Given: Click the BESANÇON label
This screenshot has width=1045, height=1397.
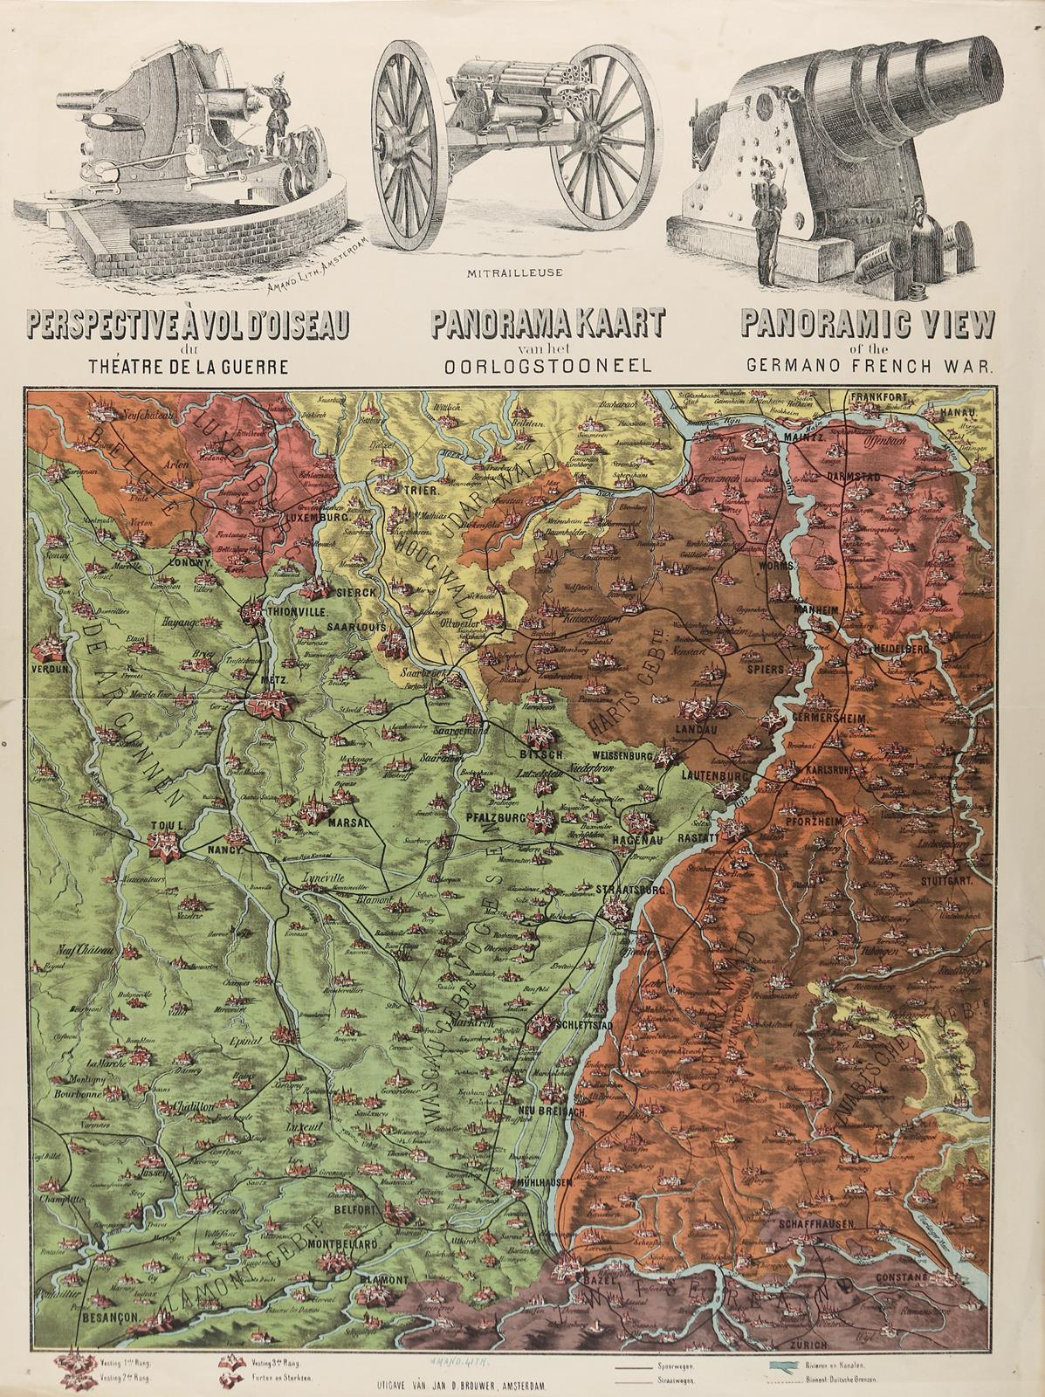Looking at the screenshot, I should coord(107,1315).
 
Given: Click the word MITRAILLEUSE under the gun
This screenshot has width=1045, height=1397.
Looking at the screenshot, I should coord(515,272).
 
